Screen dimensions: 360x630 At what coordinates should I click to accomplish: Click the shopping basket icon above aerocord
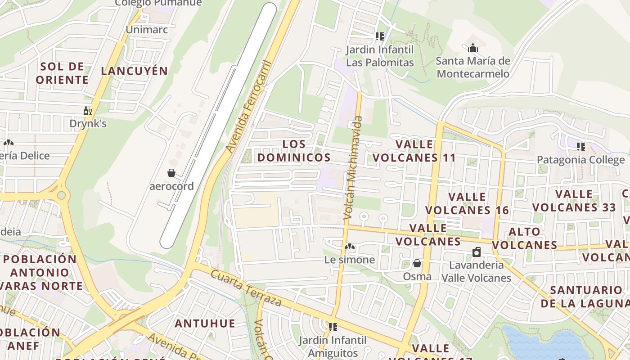pyautogui.click(x=171, y=173)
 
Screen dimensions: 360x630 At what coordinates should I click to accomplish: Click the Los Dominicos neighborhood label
pyautogui.click(x=294, y=151)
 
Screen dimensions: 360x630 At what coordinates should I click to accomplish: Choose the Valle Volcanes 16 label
pyautogui.click(x=467, y=203)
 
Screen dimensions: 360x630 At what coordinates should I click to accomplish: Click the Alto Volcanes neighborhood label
pyautogui.click(x=524, y=238)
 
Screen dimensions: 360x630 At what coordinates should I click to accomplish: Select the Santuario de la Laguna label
pyautogui.click(x=585, y=297)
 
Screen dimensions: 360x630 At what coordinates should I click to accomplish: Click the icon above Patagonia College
pyautogui.click(x=581, y=147)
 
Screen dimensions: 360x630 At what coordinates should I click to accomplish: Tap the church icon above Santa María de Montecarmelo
pyautogui.click(x=473, y=48)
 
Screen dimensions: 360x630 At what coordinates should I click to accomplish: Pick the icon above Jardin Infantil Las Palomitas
pyautogui.click(x=379, y=36)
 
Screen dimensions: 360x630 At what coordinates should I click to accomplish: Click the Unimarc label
pyautogui.click(x=147, y=30)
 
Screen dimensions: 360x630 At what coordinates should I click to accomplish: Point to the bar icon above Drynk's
pyautogui.click(x=87, y=111)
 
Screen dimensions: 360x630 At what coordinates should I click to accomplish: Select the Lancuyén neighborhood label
pyautogui.click(x=134, y=71)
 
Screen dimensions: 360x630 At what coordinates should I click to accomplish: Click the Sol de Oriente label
pyautogui.click(x=62, y=73)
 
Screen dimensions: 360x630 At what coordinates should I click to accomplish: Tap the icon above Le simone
pyautogui.click(x=349, y=247)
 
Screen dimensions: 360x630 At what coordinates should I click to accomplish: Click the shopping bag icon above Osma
pyautogui.click(x=417, y=263)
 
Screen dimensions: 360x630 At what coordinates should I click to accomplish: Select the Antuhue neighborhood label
pyautogui.click(x=205, y=323)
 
